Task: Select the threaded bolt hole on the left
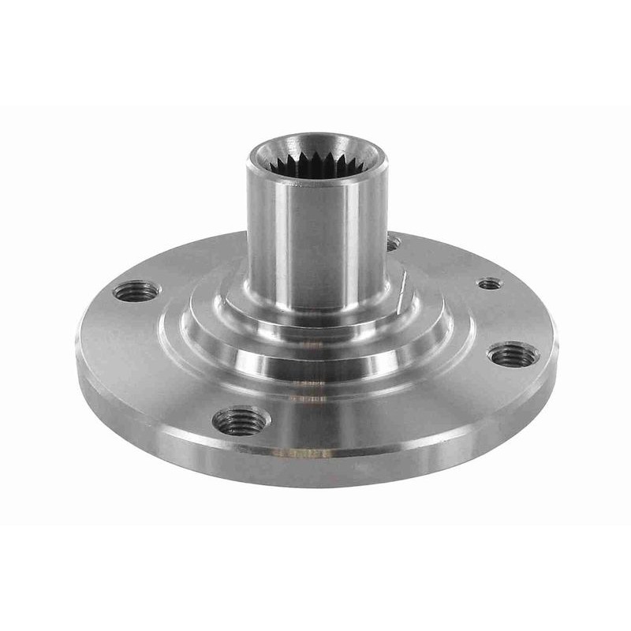pos(136,291)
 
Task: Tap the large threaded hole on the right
pos(514,354)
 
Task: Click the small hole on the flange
pos(490,282)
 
